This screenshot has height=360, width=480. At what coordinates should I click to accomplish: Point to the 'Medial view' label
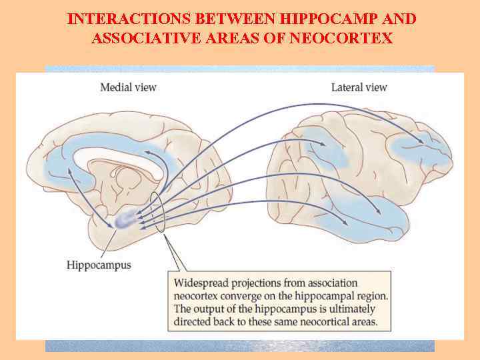tap(128, 87)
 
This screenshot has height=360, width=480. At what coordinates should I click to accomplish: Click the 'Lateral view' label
tap(359, 87)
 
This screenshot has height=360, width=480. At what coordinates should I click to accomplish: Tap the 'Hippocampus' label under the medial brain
tap(99, 265)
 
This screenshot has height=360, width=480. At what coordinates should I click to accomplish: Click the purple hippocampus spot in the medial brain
tap(125, 220)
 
